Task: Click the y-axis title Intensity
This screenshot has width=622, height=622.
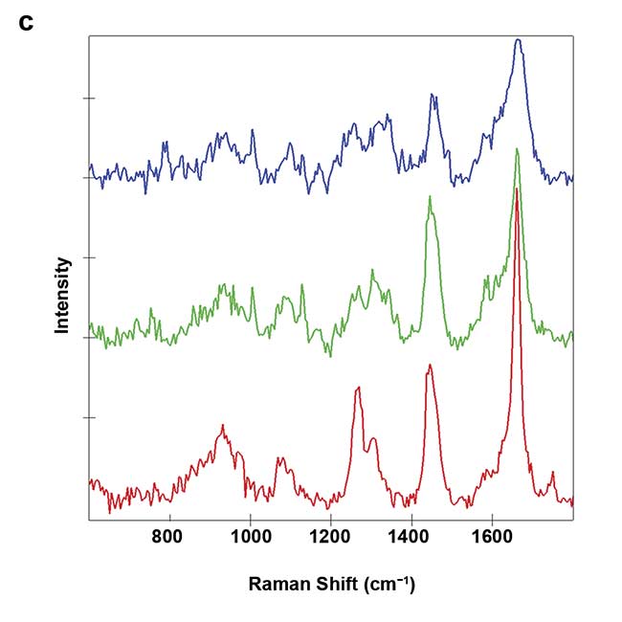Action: click(x=62, y=294)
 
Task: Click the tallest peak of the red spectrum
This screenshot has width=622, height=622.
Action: click(x=517, y=189)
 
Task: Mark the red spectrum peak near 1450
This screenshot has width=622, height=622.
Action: click(x=431, y=366)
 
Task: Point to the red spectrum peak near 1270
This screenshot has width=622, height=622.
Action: click(x=358, y=388)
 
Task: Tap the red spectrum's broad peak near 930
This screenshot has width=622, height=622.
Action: click(x=223, y=426)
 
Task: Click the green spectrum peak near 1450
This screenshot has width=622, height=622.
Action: click(x=430, y=197)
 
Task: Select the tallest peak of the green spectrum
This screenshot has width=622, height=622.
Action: click(x=517, y=149)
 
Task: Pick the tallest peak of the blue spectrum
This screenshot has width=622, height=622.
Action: click(x=518, y=40)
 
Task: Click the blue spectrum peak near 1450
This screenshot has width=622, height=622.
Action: click(x=433, y=95)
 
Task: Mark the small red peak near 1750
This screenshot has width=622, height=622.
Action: click(x=552, y=473)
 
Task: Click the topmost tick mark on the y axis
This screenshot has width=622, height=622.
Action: click(x=89, y=98)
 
